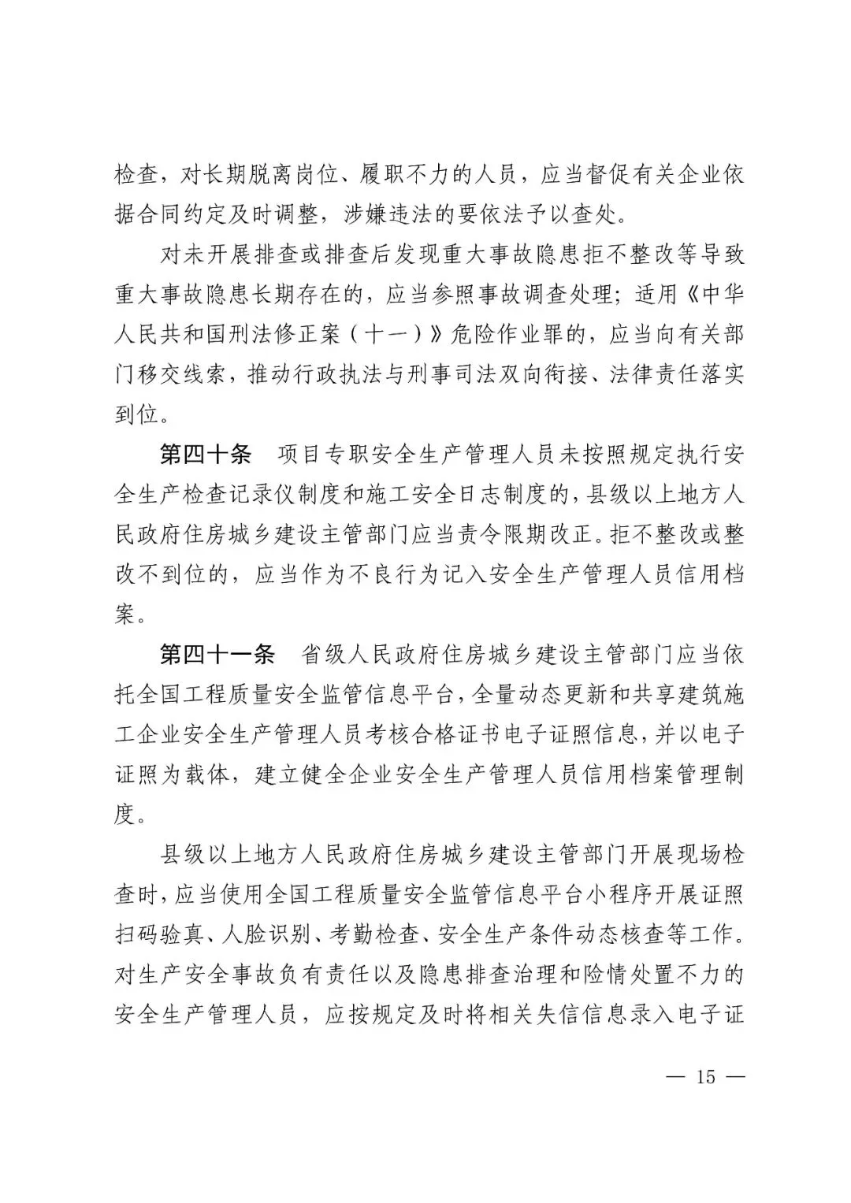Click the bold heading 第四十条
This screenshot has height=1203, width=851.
click(x=206, y=455)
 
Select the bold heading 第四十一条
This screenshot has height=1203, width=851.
click(x=217, y=655)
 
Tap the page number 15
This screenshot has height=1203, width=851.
click(x=705, y=1076)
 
